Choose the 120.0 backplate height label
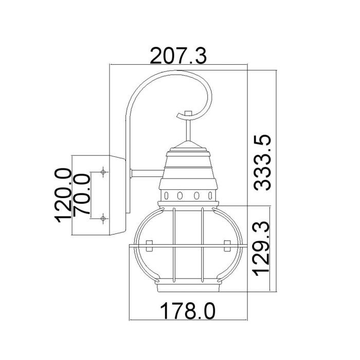click(x=64, y=195)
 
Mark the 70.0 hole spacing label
click(x=82, y=195)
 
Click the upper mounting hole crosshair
click(x=103, y=171)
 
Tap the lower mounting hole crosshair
click(x=103, y=219)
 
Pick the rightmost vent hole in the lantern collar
click(x=210, y=195)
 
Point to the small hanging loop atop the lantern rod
click(x=189, y=113)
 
